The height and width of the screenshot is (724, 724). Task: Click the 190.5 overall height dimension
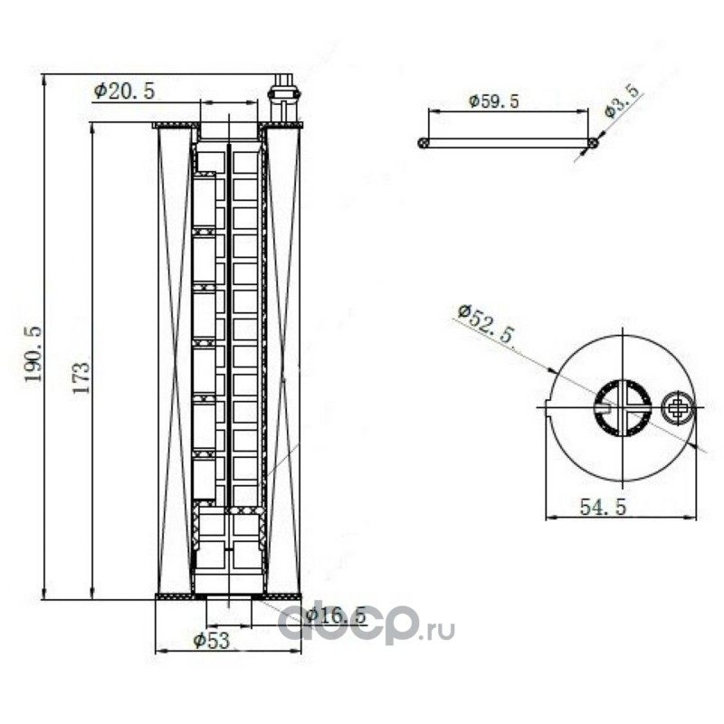pyautogui.click(x=33, y=354)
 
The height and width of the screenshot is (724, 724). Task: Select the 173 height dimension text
pyautogui.click(x=81, y=377)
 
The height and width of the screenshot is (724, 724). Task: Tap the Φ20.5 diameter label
pyautogui.click(x=124, y=91)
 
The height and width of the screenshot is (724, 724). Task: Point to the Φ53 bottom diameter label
pyautogui.click(x=212, y=641)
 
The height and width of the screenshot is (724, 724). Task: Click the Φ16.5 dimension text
pyautogui.click(x=336, y=615)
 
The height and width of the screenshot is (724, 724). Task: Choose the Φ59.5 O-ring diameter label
pyautogui.click(x=493, y=101)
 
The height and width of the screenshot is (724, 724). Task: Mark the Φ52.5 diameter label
pyautogui.click(x=486, y=323)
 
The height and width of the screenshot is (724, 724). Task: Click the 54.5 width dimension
pyautogui.click(x=603, y=508)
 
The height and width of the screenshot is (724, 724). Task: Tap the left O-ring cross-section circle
pyautogui.click(x=423, y=143)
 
